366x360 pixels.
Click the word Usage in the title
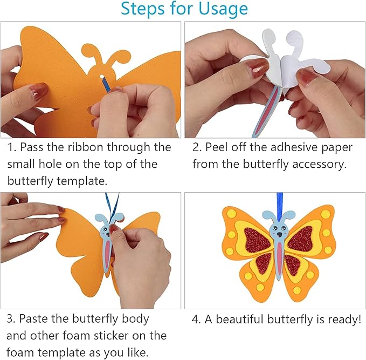coord(221,9)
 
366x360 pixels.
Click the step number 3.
coord(10,318)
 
